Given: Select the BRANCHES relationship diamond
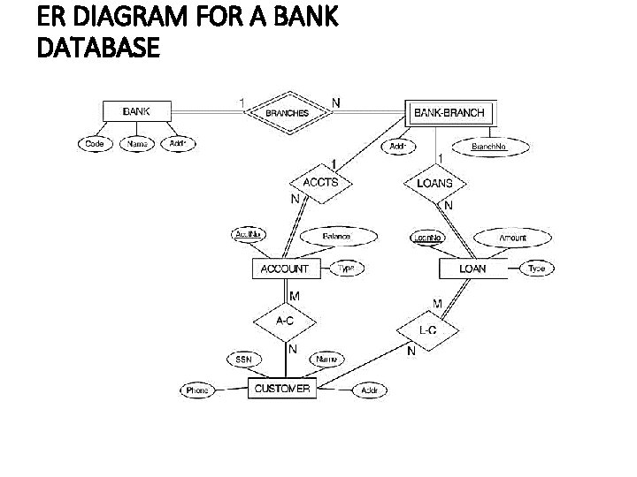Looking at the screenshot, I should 288,111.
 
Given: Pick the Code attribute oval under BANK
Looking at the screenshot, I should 94,144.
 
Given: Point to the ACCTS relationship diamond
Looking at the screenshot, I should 320,182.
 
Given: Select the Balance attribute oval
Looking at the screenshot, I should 337,237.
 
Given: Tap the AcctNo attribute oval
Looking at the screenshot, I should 249,235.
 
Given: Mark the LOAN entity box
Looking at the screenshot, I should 473,269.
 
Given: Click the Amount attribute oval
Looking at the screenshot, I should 511,238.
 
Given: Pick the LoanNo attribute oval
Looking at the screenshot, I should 428,237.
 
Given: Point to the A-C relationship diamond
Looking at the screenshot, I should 286,321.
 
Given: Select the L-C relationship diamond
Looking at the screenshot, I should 427,329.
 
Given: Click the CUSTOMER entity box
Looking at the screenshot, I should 282,389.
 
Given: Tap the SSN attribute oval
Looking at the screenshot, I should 243,360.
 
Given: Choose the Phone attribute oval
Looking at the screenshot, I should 196,390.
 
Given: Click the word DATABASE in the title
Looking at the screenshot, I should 99,50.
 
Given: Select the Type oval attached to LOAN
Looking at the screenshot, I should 537,269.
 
